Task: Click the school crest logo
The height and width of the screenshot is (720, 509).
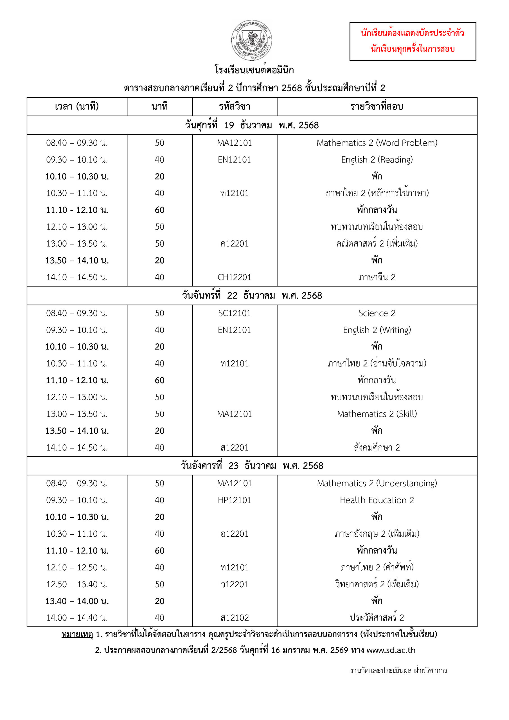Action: (x=251, y=40)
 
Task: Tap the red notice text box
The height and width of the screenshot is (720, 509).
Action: (x=413, y=41)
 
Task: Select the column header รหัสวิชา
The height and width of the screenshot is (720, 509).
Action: (x=235, y=107)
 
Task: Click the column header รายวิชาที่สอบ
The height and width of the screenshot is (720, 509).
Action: (x=377, y=107)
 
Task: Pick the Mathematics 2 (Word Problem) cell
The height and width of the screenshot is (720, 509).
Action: (x=377, y=143)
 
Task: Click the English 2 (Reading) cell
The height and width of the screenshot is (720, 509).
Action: (x=377, y=160)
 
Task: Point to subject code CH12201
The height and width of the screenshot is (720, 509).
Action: (x=235, y=277)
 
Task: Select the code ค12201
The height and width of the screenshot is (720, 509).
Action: (x=235, y=244)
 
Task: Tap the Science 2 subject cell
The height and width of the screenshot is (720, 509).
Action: (x=377, y=313)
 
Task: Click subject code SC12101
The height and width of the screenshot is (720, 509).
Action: (x=235, y=313)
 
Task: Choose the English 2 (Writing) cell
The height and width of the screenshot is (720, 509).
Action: (x=377, y=330)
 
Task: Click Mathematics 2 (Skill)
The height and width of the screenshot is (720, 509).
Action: (x=377, y=414)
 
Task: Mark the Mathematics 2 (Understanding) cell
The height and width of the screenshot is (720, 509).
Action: (x=377, y=483)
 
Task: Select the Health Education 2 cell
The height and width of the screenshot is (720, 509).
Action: (x=377, y=500)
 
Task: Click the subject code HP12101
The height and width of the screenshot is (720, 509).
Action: (x=235, y=500)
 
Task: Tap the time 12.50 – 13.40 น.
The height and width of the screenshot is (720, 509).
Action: (x=77, y=584)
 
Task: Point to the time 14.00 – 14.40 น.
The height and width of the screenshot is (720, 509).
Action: (x=77, y=618)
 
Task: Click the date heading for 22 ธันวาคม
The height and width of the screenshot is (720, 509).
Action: (x=252, y=295)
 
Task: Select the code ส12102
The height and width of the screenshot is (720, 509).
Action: (x=235, y=618)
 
